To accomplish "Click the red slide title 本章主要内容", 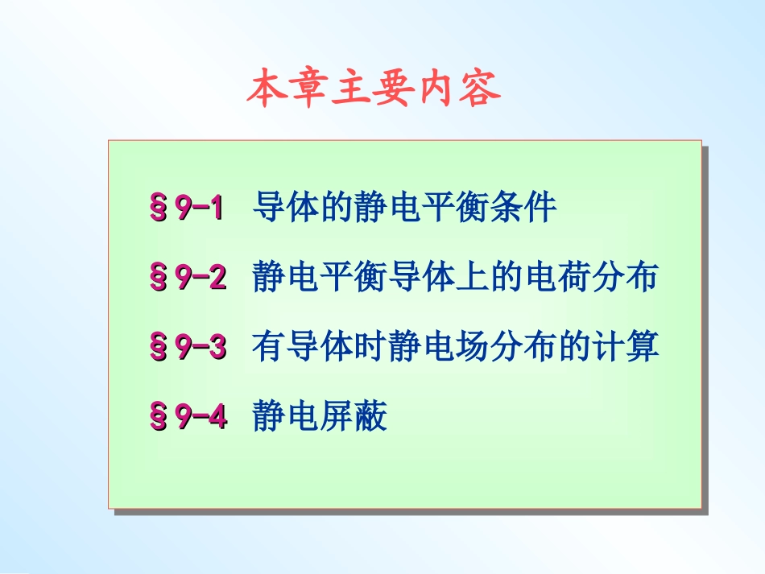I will [373, 90].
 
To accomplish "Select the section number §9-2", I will [187, 278].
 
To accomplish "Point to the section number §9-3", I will [187, 348].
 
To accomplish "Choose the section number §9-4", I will [187, 417].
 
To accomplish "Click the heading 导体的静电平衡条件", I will [404, 208].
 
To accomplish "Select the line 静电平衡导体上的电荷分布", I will [455, 278].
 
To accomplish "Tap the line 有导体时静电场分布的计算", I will [455, 348].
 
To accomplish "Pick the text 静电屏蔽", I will [320, 417].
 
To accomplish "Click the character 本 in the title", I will [267, 90].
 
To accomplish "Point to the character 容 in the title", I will [480, 90].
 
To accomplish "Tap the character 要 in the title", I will [395, 90].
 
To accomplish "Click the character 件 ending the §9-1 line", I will [540, 208].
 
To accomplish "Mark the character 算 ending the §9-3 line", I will [643, 348].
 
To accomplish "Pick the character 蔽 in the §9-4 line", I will [370, 417].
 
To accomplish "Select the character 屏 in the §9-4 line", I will [337, 417].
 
